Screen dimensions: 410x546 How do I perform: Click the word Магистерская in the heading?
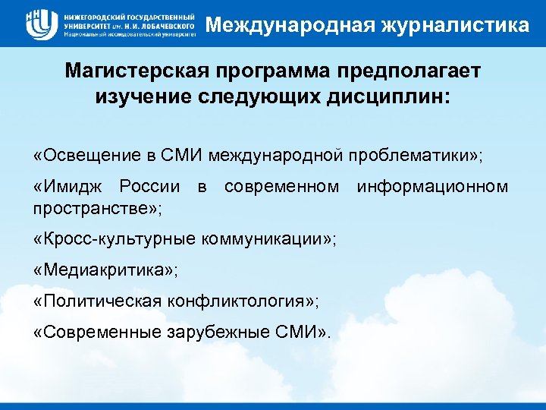pyautogui.click(x=137, y=71)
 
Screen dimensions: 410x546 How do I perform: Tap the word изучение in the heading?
pyautogui.click(x=140, y=96)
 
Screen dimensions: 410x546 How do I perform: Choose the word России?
pyautogui.click(x=152, y=187)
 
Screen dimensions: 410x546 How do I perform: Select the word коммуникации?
pyautogui.click(x=264, y=239)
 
